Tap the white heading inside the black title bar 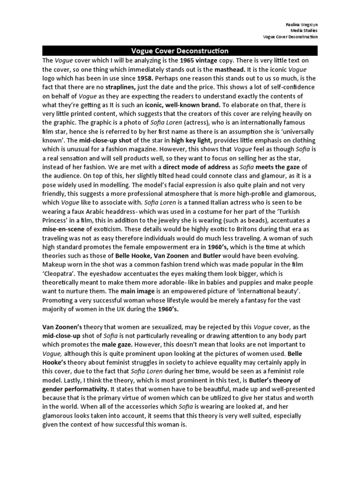tap(180, 51)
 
